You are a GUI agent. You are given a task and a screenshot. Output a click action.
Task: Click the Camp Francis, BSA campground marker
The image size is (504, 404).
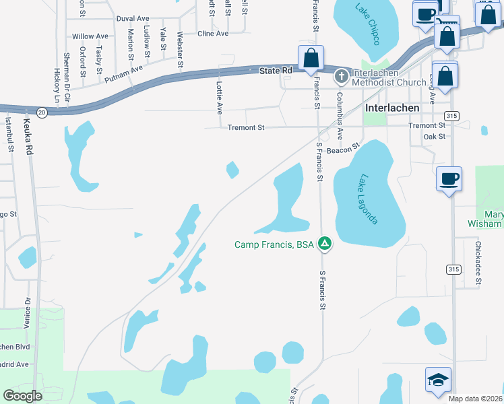[325, 244]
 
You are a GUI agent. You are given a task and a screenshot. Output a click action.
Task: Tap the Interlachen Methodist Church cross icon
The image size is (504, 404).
[342, 77]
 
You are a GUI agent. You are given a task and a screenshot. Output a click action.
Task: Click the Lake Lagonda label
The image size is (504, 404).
[369, 200]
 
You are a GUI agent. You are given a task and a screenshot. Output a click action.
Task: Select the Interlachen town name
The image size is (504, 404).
[391, 107]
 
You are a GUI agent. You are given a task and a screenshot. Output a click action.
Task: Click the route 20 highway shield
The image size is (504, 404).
[42, 112]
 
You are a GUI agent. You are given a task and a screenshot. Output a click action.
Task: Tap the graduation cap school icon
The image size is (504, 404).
[438, 380]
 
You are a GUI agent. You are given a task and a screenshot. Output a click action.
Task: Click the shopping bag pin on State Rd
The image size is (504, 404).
[311, 59]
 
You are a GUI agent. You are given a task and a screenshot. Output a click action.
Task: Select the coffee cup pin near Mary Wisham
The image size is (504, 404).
[449, 180]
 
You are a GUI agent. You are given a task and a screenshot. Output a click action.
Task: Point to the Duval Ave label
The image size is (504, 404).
[133, 19]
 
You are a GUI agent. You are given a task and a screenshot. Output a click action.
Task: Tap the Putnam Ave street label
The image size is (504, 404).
[124, 73]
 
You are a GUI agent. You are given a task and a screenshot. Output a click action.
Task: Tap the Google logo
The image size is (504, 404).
[22, 395]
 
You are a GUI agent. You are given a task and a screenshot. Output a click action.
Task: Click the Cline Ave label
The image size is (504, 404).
[213, 33]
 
